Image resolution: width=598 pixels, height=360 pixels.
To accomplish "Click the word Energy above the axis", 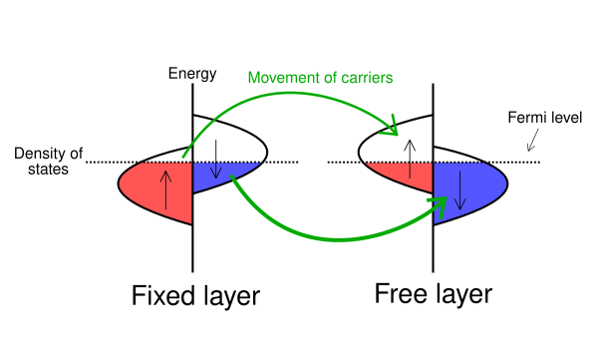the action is pos(192,74).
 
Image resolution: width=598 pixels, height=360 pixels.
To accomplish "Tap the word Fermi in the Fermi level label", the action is pos(524,118).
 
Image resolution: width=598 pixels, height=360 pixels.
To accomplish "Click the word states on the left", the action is pos(48,169).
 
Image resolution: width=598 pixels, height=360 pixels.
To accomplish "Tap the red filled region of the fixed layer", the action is pos(160,187).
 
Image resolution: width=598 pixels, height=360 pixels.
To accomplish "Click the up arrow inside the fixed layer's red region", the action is pos(165,189).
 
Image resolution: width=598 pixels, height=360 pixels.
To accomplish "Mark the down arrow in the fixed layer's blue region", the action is pos(216,160).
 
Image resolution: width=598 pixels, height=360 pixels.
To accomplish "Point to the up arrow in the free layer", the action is pos(410,159).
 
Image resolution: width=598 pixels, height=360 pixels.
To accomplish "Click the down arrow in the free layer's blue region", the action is pos(459,190).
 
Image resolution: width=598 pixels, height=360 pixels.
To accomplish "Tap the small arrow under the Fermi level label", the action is pos(533,140).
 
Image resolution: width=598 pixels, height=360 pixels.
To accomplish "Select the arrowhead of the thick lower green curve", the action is pos(440,206).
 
